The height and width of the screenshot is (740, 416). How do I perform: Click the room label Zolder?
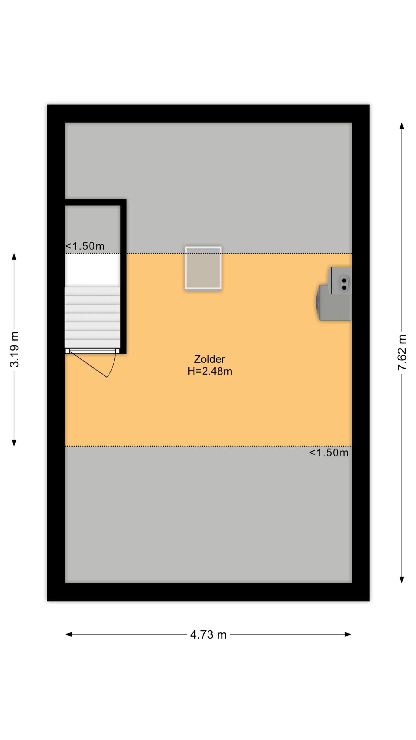(209, 359)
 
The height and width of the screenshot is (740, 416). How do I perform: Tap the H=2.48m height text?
(210, 371)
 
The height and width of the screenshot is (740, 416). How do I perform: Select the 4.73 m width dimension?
(208, 634)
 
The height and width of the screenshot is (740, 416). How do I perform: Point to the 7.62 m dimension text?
(402, 352)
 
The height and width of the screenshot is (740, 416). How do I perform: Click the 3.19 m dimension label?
(14, 349)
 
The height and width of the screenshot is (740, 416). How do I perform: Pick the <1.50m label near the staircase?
(85, 246)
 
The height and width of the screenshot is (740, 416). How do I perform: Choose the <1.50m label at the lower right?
(329, 452)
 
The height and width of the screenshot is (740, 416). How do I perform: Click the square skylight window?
(203, 268)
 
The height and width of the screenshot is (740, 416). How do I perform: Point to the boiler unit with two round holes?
(340, 280)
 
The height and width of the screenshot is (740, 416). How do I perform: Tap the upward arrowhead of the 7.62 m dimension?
(402, 125)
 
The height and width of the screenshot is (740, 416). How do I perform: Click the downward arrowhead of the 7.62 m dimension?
(402, 580)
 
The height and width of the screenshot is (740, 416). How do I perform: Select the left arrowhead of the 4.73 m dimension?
(69, 634)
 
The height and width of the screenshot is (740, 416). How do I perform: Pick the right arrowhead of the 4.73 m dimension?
(348, 634)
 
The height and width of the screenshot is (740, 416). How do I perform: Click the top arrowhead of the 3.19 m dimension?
(14, 256)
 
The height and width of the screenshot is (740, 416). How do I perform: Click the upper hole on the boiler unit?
(344, 280)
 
